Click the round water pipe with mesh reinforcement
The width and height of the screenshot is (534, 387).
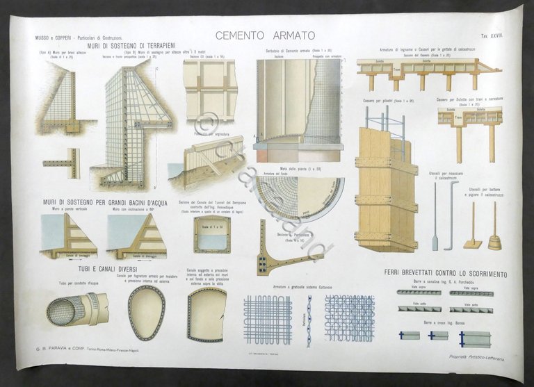(76, 310)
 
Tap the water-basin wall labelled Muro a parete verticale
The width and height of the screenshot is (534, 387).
(68, 236)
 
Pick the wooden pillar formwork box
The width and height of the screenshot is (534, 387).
(386, 190)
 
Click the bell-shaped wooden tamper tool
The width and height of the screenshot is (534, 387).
(494, 240)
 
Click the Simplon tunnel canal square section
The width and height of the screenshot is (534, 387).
(211, 233)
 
